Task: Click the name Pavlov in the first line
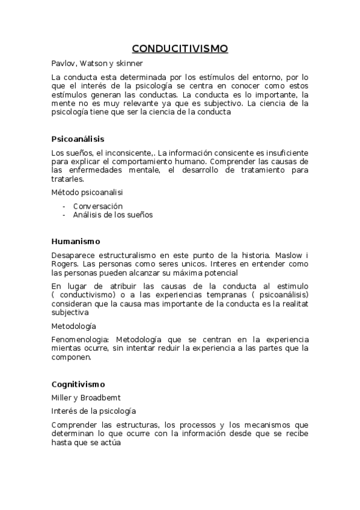[62, 63]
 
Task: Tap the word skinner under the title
[127, 63]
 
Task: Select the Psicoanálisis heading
[78, 139]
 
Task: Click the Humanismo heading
[76, 241]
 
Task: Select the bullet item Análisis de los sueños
[113, 215]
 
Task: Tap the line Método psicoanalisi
[85, 192]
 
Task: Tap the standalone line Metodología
[73, 326]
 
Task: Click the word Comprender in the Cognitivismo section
[74, 425]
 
